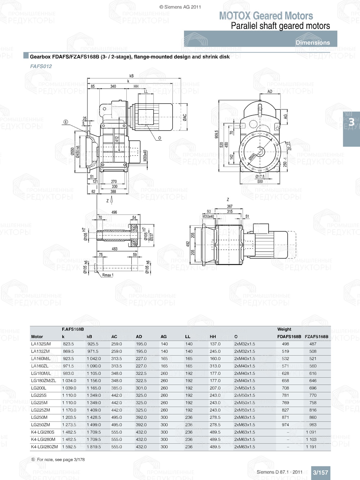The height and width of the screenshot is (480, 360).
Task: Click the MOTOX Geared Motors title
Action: (x=266, y=16)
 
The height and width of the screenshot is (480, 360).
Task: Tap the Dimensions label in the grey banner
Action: (x=312, y=42)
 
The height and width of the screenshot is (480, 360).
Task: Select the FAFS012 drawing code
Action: (x=41, y=66)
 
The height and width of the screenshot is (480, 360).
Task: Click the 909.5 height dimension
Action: (x=216, y=134)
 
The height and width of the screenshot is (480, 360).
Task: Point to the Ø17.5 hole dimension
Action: (x=260, y=177)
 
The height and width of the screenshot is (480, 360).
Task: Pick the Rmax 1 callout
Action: (x=108, y=275)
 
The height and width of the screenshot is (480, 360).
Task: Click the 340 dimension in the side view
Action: (x=113, y=86)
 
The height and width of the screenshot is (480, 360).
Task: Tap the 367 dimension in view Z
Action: (x=230, y=206)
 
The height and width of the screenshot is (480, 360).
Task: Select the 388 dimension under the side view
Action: (x=113, y=191)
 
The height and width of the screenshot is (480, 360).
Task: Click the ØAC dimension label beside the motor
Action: (x=185, y=118)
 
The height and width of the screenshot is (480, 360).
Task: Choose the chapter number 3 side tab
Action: (x=351, y=123)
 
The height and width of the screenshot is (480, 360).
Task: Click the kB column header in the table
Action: (x=89, y=337)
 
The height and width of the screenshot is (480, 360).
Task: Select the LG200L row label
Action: (x=39, y=388)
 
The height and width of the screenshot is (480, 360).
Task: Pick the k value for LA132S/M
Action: (x=68, y=344)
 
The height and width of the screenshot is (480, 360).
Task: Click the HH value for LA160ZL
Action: (x=215, y=366)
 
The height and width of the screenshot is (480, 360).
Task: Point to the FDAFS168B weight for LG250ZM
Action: (x=285, y=425)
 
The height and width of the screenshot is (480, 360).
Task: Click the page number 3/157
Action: (x=320, y=472)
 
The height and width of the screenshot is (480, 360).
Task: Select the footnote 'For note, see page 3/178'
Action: (x=60, y=459)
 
